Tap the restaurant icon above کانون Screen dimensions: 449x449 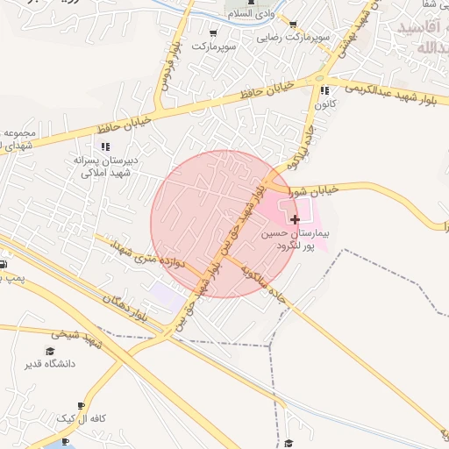324,90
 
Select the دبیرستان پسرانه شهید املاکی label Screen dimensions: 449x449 104,167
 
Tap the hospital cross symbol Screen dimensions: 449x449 296,218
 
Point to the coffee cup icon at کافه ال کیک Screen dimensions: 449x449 82,405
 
